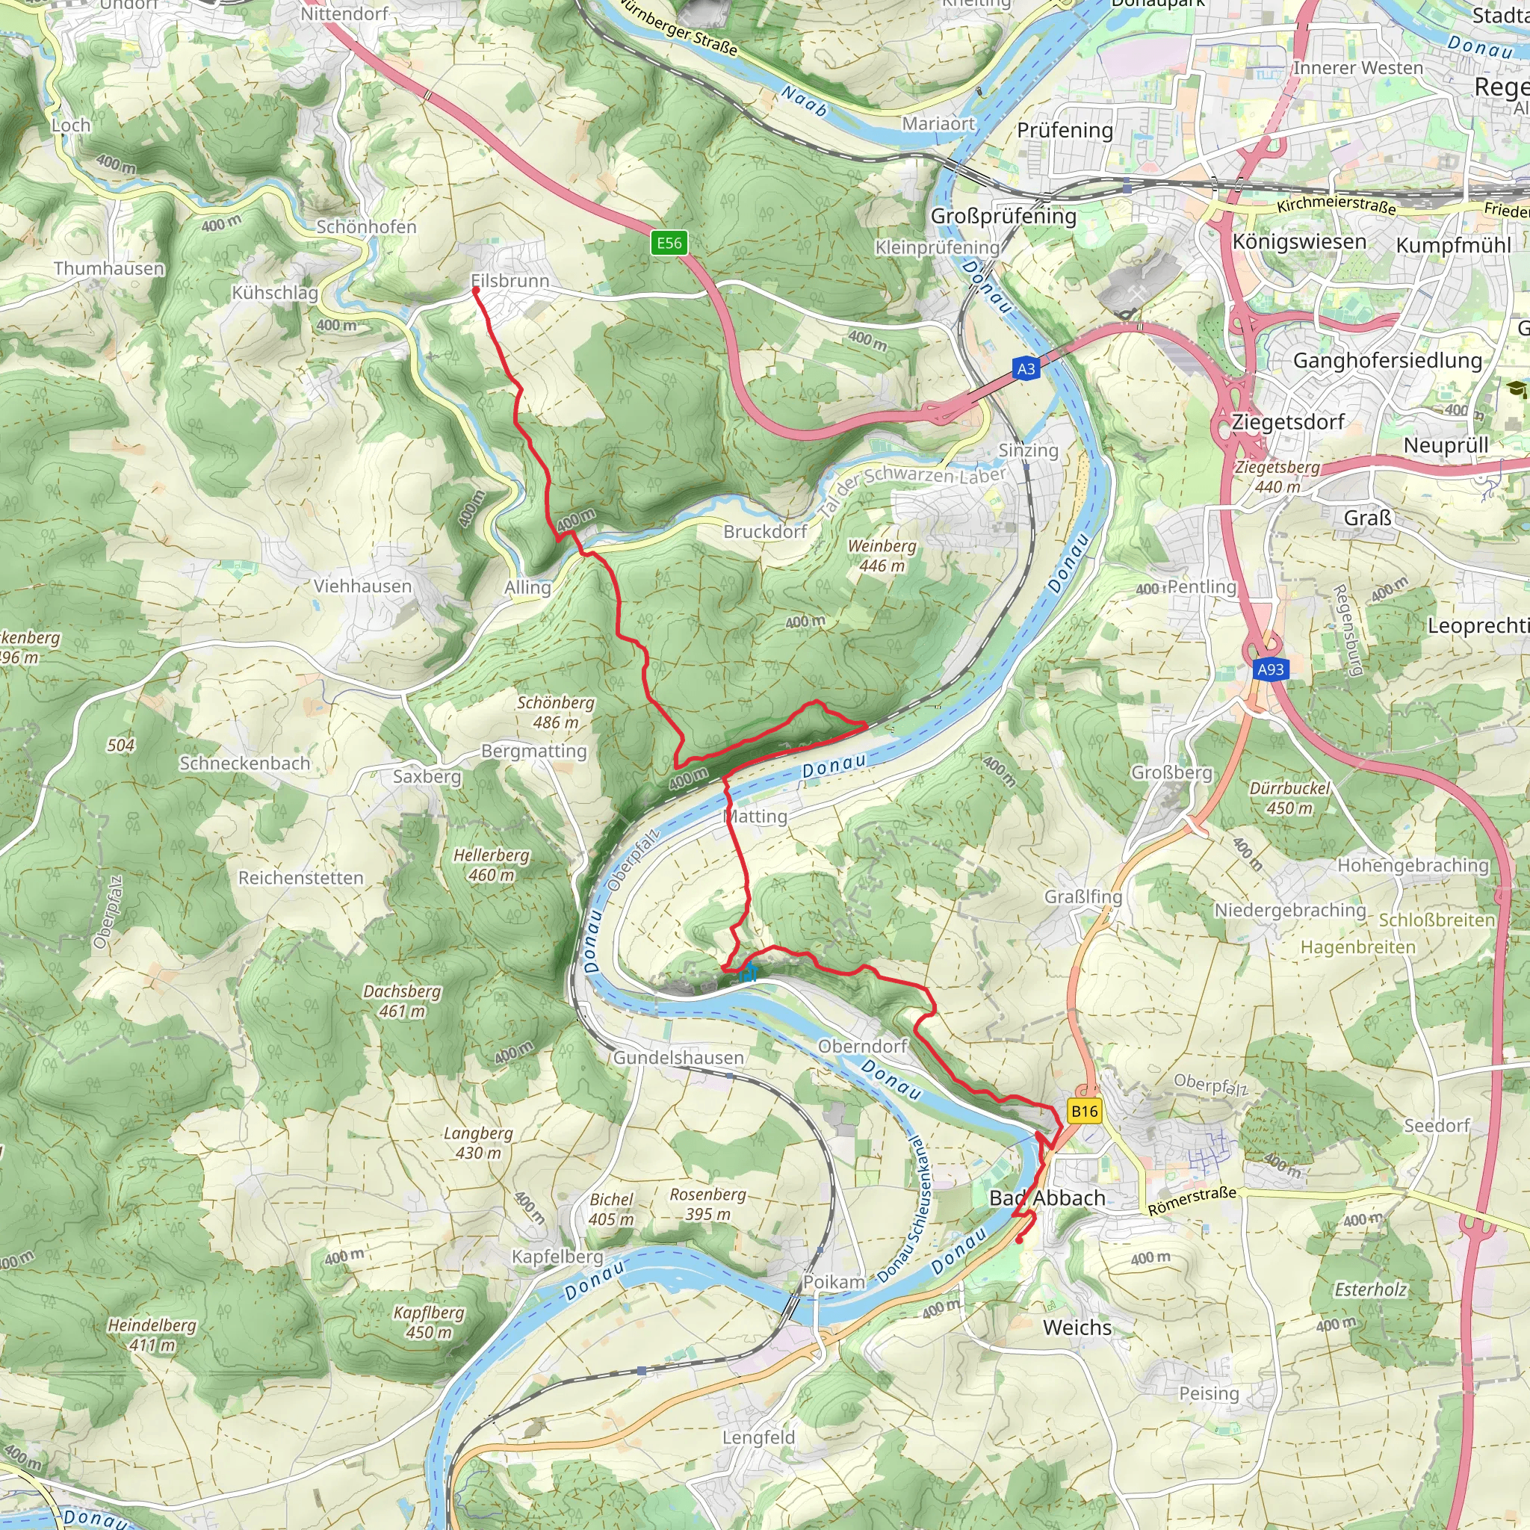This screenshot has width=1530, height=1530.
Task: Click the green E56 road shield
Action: point(669,243)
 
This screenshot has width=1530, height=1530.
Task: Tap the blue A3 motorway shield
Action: point(1026,368)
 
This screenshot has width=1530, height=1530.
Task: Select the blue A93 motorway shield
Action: point(1271,669)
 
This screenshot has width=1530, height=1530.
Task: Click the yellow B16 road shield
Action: point(1084,1111)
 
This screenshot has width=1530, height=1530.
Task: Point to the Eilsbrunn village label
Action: point(510,281)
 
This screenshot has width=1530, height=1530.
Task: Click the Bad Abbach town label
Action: point(1047,1198)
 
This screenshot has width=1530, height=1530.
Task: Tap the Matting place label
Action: point(756,817)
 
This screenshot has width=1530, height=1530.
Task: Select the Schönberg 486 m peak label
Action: point(556,712)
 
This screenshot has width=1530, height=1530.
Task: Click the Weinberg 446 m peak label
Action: point(882,556)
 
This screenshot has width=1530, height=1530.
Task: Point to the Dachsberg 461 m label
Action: point(403,1001)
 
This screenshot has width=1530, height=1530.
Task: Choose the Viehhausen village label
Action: point(362,586)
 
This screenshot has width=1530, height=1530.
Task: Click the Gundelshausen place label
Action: point(678,1058)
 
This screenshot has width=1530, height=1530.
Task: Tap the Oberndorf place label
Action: point(862,1046)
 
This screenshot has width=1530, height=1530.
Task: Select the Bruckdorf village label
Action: point(765,531)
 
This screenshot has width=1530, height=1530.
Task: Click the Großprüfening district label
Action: point(1003,216)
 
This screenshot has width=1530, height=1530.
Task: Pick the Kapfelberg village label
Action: point(557,1257)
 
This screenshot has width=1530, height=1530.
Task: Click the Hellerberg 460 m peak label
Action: point(491,865)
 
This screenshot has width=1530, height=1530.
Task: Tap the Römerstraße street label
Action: point(1192,1201)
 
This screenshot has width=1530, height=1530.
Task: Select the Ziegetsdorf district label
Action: point(1288,422)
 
